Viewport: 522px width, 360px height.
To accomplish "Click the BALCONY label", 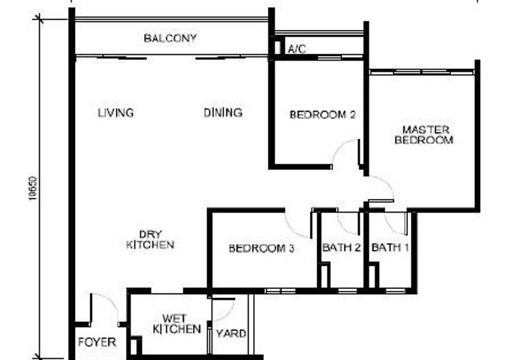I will tap(170, 38).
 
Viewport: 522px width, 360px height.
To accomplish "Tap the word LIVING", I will tap(115, 113).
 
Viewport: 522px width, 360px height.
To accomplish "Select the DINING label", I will tap(223, 113).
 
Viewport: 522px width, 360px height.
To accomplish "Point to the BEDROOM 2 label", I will tap(322, 115).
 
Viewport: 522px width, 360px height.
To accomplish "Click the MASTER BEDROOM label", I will tap(426, 135).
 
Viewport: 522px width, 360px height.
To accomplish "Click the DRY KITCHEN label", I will tap(150, 240).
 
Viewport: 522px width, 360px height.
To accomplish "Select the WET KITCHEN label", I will tap(176, 324).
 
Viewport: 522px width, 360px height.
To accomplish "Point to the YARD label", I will tap(232, 334).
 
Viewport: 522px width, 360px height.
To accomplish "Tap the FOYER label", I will tap(97, 342).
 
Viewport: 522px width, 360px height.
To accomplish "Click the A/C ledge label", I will tap(297, 48).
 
